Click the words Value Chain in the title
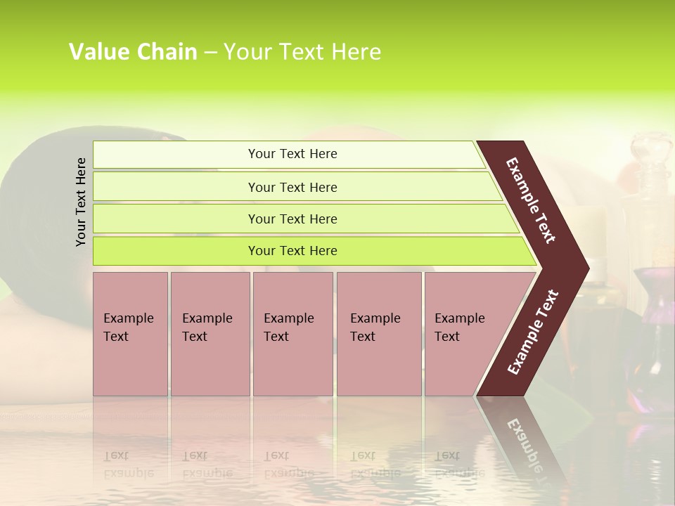pyautogui.click(x=133, y=52)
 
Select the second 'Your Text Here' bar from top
pyautogui.click(x=292, y=187)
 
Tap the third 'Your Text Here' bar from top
pyautogui.click(x=292, y=219)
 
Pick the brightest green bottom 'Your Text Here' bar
pyautogui.click(x=292, y=251)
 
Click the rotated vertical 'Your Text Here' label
pyautogui.click(x=82, y=202)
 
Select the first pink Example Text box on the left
pyautogui.click(x=130, y=333)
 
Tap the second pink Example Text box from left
pyautogui.click(x=210, y=333)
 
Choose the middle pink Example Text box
pyautogui.click(x=292, y=333)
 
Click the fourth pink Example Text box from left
pyautogui.click(x=378, y=333)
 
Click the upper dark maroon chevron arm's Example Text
pyautogui.click(x=531, y=200)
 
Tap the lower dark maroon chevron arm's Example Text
pyautogui.click(x=534, y=332)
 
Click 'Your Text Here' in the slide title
pyautogui.click(x=302, y=52)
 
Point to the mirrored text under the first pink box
pyautogui.click(x=128, y=464)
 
